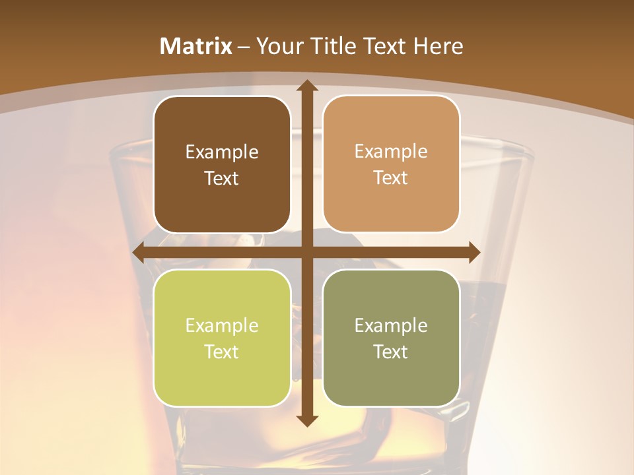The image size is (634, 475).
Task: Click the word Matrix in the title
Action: (x=196, y=46)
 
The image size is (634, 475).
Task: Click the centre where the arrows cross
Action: (x=306, y=253)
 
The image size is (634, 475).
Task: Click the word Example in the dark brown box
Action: (x=222, y=152)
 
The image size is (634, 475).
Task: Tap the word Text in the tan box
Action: (x=391, y=178)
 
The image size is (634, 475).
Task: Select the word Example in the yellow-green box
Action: (x=222, y=326)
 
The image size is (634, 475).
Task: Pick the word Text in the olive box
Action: (x=391, y=352)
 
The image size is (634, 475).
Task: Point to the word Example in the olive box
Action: (x=391, y=326)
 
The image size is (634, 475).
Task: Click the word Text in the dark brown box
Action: (x=222, y=179)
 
